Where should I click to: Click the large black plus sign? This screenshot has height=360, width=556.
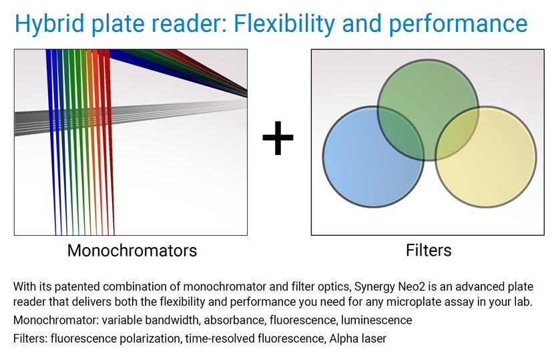(x=278, y=140)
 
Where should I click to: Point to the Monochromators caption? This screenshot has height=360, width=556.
(x=132, y=251)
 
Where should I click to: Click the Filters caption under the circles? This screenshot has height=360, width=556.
(x=429, y=251)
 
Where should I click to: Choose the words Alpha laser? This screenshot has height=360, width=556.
(x=357, y=339)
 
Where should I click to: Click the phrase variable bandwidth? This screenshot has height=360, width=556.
(x=144, y=321)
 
